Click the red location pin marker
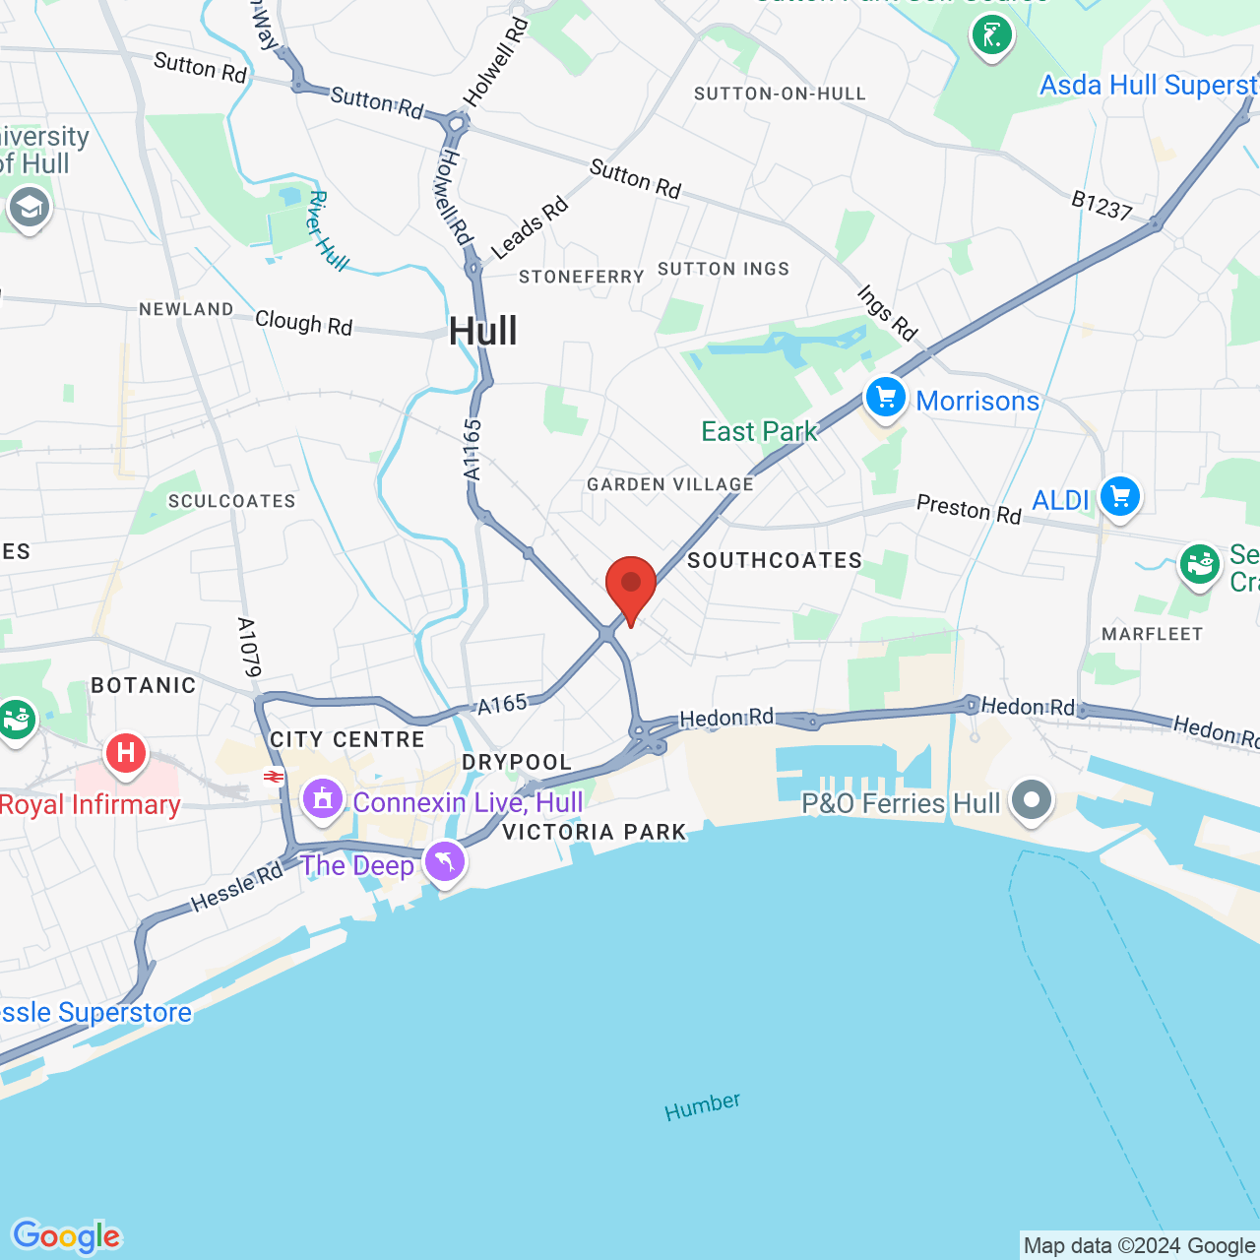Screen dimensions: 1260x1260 click(631, 585)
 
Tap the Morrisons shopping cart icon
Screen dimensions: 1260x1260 click(886, 399)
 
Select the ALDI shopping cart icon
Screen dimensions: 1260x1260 click(1120, 497)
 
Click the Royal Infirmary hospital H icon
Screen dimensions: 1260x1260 click(125, 754)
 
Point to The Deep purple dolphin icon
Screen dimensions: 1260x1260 click(445, 863)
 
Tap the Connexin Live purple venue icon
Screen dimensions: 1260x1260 click(323, 799)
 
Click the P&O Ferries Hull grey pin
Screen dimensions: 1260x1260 click(1032, 800)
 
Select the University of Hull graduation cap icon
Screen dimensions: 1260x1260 click(29, 208)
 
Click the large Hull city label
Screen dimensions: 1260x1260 click(482, 332)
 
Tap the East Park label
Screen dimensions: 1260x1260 click(759, 431)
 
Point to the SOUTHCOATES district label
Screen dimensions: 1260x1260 click(775, 560)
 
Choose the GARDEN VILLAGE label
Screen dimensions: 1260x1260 click(670, 484)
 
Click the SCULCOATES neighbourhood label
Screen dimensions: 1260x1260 click(231, 501)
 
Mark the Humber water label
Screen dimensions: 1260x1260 click(702, 1106)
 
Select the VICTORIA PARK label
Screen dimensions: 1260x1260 click(594, 832)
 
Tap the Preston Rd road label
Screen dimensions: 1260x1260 click(969, 509)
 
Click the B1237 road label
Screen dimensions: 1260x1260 click(1102, 206)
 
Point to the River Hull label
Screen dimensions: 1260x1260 click(327, 230)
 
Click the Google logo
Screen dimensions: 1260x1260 click(66, 1236)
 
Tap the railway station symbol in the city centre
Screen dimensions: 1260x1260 click(273, 777)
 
